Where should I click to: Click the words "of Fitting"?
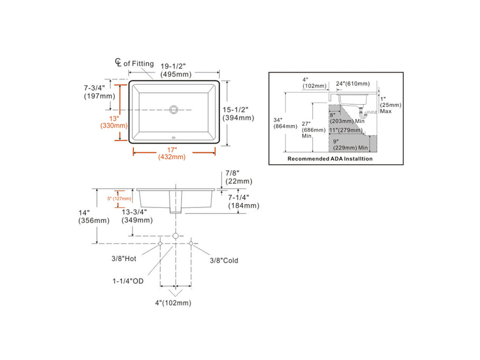coord(139,64)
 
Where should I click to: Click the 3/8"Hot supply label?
coord(125,259)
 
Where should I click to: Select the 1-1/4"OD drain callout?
coord(127,281)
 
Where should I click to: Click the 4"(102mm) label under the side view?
coord(173,303)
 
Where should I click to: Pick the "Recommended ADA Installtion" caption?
coord(329,158)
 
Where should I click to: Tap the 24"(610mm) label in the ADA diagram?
coord(353,84)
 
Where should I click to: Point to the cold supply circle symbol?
coord(191,243)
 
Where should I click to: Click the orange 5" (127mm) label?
coord(119,199)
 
